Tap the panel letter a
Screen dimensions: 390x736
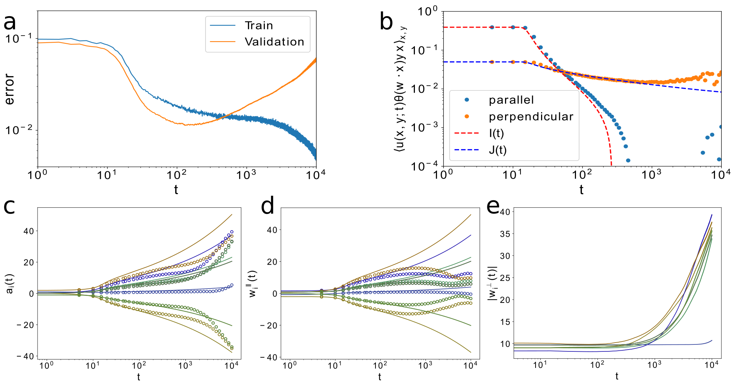click(10, 22)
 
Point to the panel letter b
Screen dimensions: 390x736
click(386, 22)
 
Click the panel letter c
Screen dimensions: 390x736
click(9, 207)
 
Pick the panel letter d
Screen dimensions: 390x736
click(267, 207)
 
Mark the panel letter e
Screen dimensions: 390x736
click(493, 207)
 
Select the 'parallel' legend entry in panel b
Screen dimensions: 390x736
click(511, 100)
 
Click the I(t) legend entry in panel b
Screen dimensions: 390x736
click(496, 133)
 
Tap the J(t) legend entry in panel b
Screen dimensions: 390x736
click(497, 150)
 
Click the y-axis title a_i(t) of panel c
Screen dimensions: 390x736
click(10, 283)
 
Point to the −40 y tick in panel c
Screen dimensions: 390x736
click(25, 357)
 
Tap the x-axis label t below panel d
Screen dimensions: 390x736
click(380, 377)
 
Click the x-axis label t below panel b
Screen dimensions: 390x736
click(582, 190)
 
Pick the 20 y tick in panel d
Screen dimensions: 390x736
click(272, 262)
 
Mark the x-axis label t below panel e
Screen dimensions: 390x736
click(617, 376)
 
